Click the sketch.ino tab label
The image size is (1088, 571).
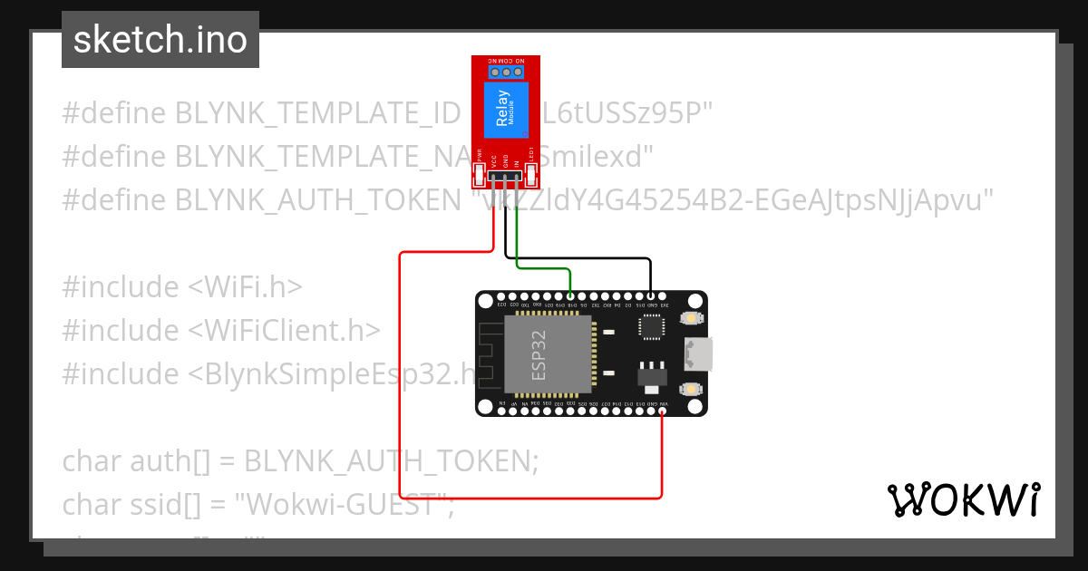160,40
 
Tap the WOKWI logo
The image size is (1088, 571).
963,499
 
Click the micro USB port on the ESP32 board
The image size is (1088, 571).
700,353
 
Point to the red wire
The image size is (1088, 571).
400,381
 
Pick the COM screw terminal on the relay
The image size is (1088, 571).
506,71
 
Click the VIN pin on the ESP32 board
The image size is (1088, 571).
663,411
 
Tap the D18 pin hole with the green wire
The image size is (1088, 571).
570,296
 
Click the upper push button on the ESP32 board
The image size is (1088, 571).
691,318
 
